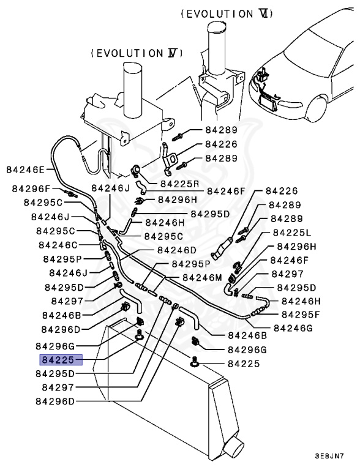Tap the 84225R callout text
click(x=180, y=183)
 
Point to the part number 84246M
click(x=202, y=277)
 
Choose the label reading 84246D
click(x=176, y=250)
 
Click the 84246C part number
click(x=59, y=245)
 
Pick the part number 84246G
click(x=293, y=327)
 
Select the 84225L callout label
click(x=292, y=233)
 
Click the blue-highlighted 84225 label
click(x=58, y=360)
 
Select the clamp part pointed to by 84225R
click(x=137, y=171)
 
